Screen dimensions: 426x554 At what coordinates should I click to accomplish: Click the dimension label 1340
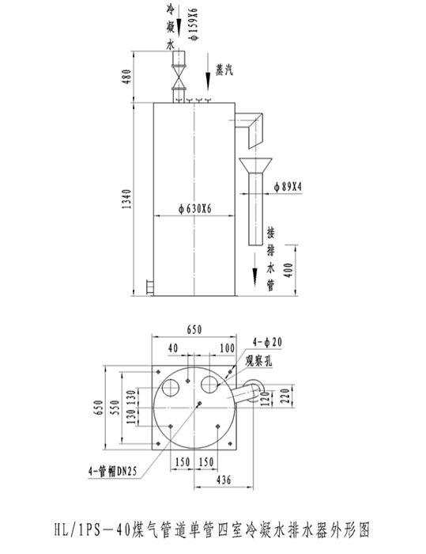pos(126,199)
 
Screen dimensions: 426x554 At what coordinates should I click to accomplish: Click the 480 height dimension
pos(126,77)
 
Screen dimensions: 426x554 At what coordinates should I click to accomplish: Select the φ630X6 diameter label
pos(195,209)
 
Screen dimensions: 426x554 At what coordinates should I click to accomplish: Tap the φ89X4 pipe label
pos(288,187)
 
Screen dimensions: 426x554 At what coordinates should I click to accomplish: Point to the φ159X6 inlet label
pos(194,24)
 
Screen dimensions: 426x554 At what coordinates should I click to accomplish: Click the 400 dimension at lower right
pos(288,271)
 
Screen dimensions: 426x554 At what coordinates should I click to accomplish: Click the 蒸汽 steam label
pos(224,70)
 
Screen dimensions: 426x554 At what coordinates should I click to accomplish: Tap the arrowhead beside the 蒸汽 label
pos(208,82)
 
